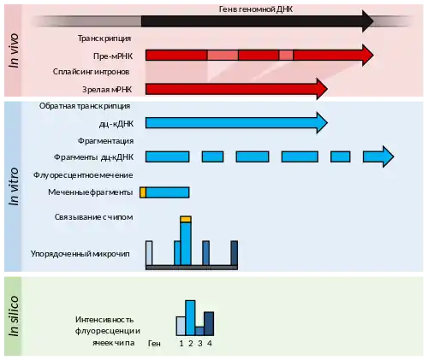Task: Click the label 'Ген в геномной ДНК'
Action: point(256,9)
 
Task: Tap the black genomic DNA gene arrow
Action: point(258,21)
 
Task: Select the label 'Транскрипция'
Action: point(104,38)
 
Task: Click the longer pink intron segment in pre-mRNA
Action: point(223,55)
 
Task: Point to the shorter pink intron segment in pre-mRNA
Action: point(286,55)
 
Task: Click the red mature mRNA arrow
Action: point(236,89)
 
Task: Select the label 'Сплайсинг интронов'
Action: point(91,72)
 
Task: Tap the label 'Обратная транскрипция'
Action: point(85,106)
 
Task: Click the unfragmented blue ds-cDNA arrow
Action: point(236,123)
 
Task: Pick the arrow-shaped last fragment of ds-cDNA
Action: point(378,156)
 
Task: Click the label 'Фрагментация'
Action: point(105,141)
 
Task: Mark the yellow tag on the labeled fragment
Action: point(143,192)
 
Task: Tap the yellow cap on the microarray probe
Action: point(186,219)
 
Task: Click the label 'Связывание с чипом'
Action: point(93,217)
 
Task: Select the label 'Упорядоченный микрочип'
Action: point(80,254)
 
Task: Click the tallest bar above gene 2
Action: point(190,318)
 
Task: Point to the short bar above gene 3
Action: point(199,331)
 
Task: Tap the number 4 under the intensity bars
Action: point(210,344)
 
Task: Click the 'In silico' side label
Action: point(14,316)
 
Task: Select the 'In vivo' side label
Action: point(14,50)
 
